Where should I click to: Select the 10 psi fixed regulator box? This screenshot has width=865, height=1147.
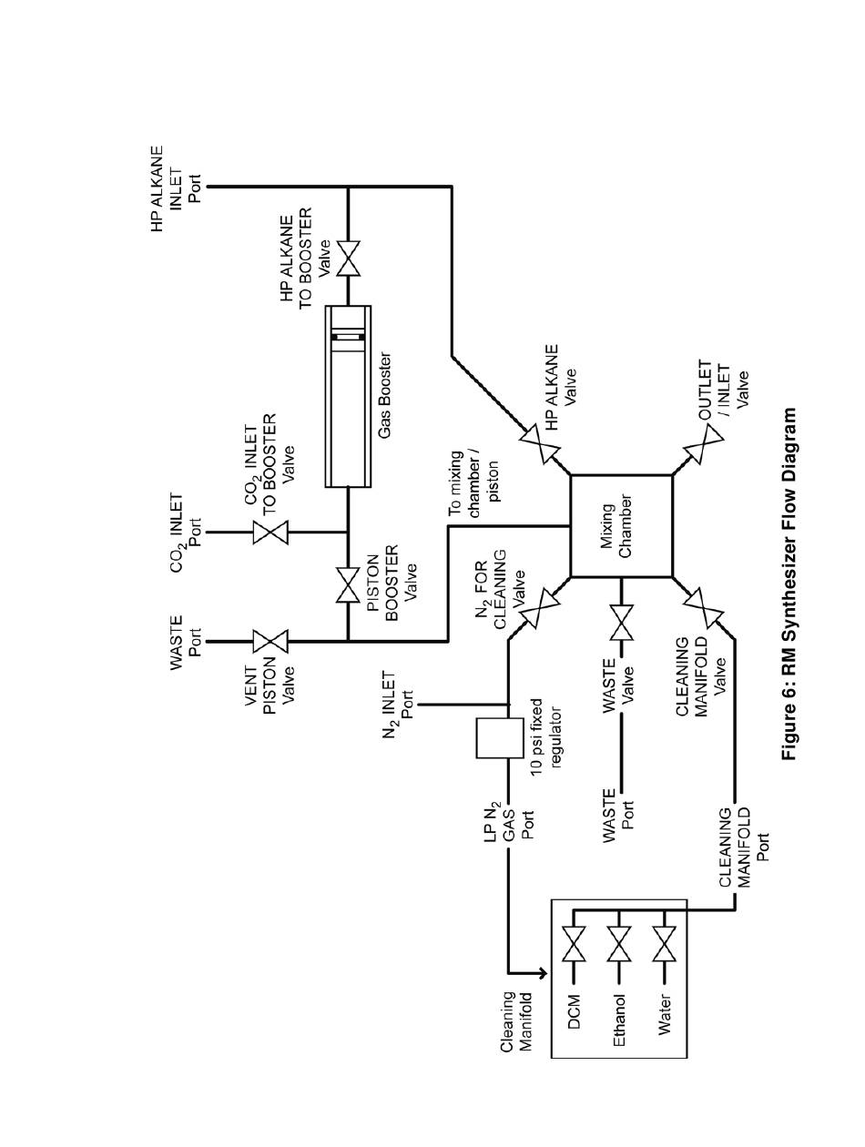point(499,737)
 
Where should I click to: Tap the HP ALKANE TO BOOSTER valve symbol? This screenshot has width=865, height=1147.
point(348,259)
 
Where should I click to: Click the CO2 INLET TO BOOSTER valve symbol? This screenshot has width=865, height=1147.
point(270,533)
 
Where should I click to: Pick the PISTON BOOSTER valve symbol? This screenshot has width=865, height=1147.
point(348,585)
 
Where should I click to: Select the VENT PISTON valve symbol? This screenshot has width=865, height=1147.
point(270,641)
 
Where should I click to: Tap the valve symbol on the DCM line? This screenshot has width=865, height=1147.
point(574,944)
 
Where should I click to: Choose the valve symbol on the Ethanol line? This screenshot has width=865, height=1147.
point(619,944)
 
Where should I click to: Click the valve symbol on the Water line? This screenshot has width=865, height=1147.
point(664,944)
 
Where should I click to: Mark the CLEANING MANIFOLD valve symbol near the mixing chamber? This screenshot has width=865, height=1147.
point(704,608)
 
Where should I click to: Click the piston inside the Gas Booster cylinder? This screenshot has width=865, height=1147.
point(348,338)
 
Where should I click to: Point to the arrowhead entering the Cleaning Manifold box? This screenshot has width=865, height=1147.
point(543,973)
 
